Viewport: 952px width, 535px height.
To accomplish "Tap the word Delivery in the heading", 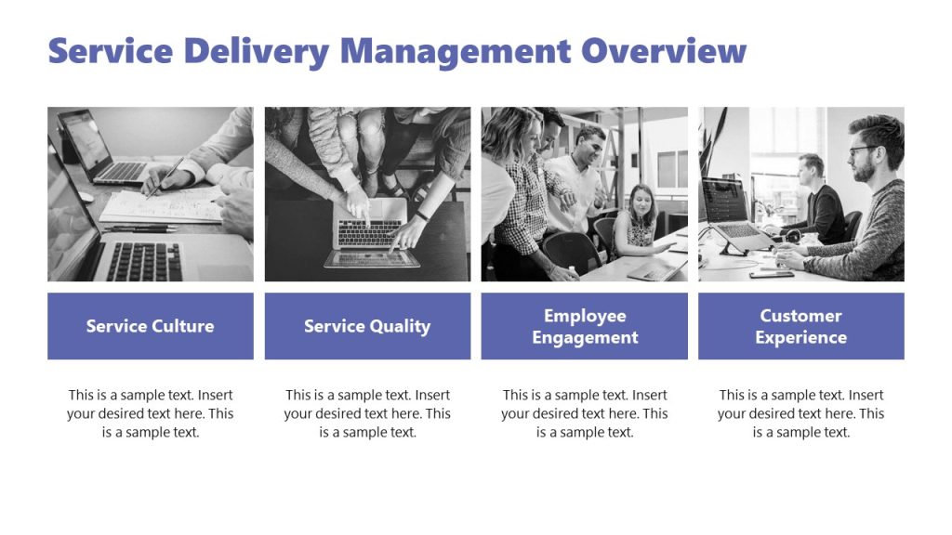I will [257, 51].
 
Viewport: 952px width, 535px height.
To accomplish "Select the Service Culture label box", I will [150, 326].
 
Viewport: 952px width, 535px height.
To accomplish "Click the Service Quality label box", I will [367, 326].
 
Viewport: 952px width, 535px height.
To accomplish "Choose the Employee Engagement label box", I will [584, 326].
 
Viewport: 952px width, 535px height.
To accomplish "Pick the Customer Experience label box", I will [800, 326].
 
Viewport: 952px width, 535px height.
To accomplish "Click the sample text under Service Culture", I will [150, 413].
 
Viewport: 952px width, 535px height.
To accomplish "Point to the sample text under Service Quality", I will [367, 413].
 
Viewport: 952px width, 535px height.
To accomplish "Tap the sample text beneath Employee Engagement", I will [584, 413].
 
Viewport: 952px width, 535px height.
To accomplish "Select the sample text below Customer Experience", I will [800, 413].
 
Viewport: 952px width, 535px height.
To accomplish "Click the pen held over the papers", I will [165, 176].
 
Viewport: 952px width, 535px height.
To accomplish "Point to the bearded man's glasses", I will [863, 150].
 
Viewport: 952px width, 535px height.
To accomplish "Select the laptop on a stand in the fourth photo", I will [730, 209].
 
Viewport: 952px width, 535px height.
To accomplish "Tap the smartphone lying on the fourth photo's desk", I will [771, 274].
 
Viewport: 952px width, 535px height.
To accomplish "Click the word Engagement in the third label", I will [585, 337].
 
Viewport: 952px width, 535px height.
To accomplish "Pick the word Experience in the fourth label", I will [800, 337].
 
